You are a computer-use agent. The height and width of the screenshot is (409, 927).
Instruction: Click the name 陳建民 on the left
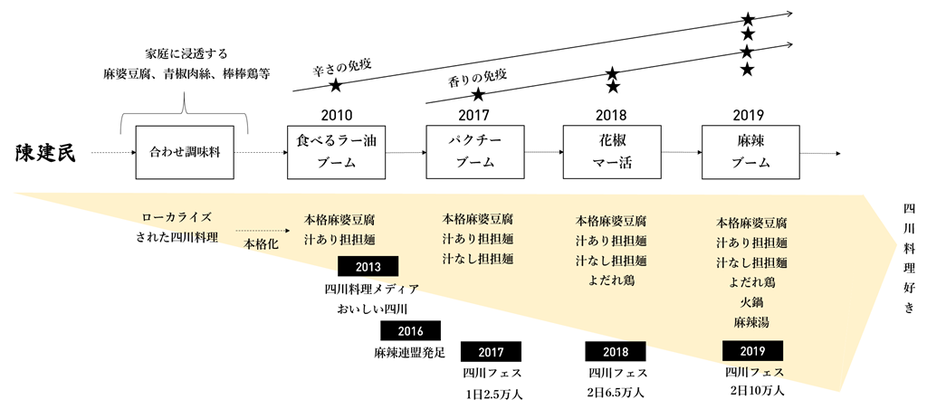click(x=45, y=153)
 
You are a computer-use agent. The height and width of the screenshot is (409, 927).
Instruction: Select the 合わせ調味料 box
click(x=185, y=153)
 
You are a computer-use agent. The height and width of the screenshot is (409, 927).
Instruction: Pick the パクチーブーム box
click(x=474, y=152)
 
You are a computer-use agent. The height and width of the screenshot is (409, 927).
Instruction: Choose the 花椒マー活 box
click(x=611, y=152)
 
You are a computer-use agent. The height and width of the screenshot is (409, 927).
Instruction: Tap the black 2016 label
click(x=410, y=331)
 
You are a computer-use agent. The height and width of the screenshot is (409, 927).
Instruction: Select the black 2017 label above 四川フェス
click(x=491, y=352)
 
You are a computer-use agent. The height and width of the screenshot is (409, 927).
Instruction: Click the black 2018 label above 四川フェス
click(x=615, y=352)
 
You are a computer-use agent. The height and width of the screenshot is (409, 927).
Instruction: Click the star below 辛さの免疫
click(x=336, y=85)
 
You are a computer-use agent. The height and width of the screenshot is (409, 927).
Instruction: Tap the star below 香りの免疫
click(x=477, y=94)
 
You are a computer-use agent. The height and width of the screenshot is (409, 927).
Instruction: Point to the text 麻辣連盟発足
click(x=409, y=352)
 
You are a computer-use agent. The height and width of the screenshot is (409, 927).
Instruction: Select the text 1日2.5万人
click(x=493, y=394)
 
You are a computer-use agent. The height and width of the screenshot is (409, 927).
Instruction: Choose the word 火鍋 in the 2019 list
click(x=751, y=302)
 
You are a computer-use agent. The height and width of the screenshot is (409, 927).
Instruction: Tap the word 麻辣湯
click(x=751, y=321)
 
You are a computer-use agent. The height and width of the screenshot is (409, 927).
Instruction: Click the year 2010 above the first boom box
click(x=337, y=115)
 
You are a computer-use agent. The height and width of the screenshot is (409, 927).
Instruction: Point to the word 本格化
click(x=261, y=244)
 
